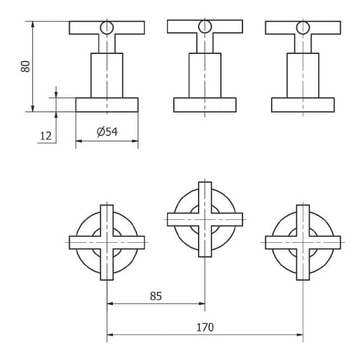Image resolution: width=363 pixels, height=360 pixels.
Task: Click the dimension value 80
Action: click(x=25, y=67)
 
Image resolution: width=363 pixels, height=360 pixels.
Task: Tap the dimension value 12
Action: click(x=46, y=136)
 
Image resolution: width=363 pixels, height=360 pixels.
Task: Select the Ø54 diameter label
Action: click(x=107, y=132)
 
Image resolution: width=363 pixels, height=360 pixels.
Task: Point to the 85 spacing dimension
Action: click(x=156, y=296)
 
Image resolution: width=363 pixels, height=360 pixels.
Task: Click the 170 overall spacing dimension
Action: click(x=205, y=328)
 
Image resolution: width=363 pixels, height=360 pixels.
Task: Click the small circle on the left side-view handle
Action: click(x=107, y=28)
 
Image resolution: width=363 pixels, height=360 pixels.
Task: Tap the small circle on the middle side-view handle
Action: click(x=205, y=27)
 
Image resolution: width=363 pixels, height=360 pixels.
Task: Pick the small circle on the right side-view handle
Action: click(x=303, y=28)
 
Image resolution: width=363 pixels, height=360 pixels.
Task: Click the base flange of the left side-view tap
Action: click(x=107, y=105)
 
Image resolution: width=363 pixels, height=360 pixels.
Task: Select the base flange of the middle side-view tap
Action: click(x=205, y=105)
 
